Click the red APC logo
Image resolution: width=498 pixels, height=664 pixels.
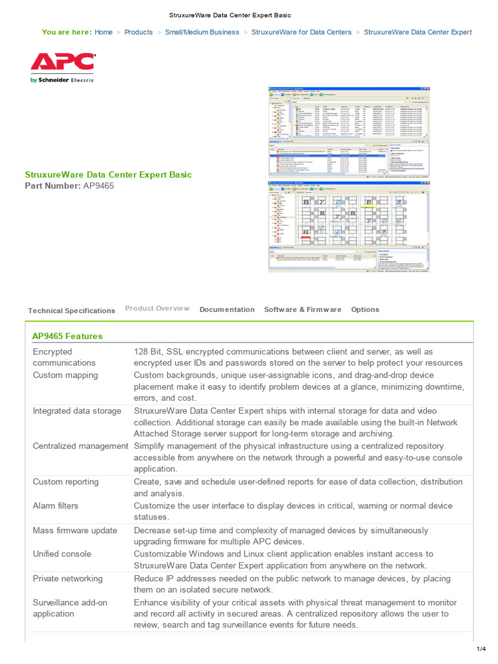62,64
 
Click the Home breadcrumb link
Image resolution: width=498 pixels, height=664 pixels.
103,32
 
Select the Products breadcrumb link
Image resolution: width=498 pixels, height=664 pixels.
139,32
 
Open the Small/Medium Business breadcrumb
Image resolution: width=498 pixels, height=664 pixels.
202,32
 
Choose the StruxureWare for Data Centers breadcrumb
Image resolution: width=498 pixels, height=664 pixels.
302,32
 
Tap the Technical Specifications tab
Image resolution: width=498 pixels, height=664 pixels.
71,311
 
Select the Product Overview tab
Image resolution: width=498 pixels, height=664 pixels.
157,308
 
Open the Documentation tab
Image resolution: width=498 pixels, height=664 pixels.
227,309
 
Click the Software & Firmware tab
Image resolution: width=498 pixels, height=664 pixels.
302,309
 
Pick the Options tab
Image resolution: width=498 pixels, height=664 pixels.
365,309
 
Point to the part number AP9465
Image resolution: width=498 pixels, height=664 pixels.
99,186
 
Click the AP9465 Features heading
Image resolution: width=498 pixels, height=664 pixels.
67,336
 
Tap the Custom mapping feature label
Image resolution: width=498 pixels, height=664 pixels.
65,375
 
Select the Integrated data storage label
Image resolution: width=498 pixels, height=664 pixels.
77,410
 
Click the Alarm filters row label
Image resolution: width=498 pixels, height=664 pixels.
56,506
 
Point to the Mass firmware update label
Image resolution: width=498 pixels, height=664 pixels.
75,530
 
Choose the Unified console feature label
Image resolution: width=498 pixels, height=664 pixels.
62,554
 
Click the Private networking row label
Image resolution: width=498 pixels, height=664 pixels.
68,578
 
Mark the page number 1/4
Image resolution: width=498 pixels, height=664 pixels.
481,649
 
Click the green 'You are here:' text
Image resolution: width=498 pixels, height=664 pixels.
66,32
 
